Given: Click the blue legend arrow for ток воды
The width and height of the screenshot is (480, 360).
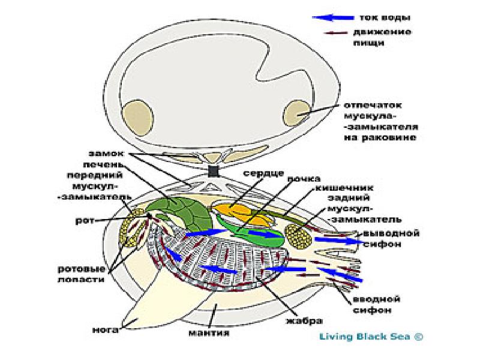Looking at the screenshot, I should click(x=328, y=17).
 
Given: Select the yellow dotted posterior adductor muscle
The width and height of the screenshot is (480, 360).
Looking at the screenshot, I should click(x=298, y=236).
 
